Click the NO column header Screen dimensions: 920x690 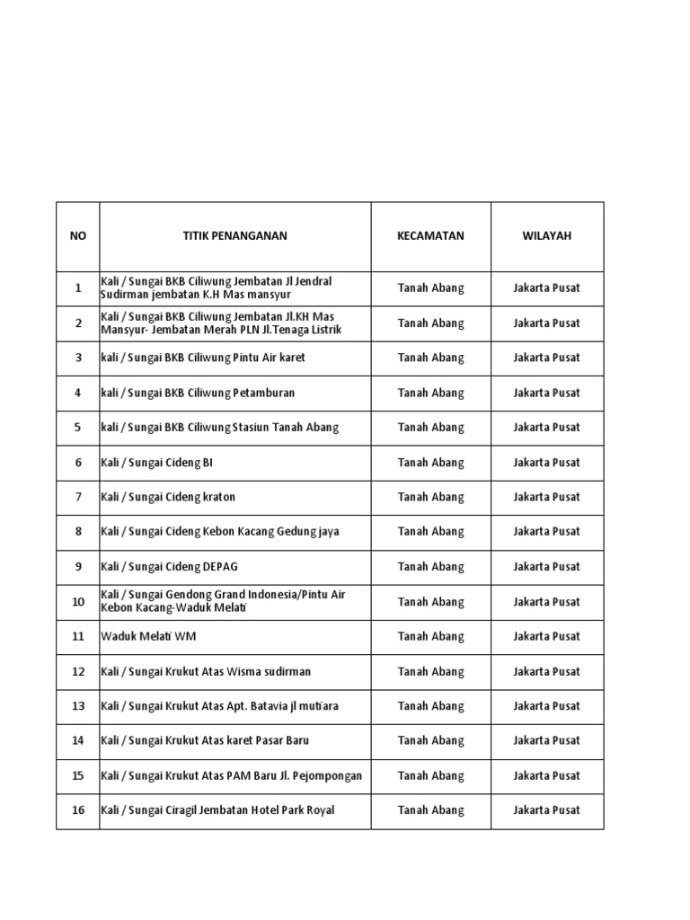78,236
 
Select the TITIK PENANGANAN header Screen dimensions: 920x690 235,236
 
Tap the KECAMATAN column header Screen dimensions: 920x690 430,236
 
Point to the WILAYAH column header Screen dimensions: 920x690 546,236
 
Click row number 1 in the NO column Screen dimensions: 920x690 78,288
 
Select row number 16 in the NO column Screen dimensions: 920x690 78,810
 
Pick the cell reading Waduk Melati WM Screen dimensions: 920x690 148,636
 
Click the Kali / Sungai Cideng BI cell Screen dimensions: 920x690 157,463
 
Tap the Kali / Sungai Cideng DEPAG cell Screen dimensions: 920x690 169,567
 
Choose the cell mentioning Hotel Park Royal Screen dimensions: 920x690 217,810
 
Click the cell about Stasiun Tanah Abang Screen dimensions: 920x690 219,428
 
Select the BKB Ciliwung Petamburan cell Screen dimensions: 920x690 198,393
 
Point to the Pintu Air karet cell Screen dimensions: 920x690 203,358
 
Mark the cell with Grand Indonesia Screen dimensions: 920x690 223,601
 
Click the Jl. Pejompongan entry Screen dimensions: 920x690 232,775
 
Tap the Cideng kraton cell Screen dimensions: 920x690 168,497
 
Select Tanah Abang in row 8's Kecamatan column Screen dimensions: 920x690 430,532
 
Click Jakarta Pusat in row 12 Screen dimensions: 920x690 546,671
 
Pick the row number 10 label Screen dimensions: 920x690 78,601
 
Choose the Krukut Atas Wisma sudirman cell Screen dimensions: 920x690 206,671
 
